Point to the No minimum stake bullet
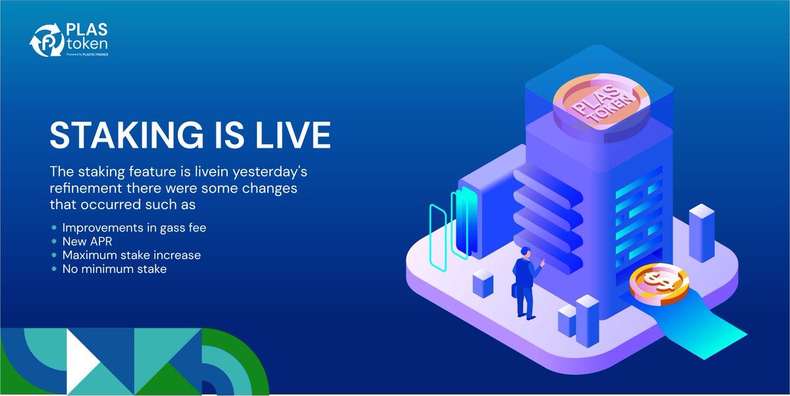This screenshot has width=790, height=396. (x=115, y=268)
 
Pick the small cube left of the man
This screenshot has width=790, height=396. (x=483, y=284)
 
